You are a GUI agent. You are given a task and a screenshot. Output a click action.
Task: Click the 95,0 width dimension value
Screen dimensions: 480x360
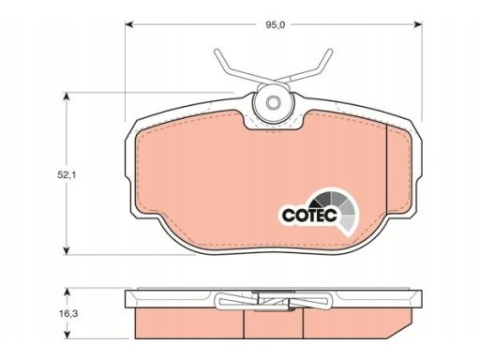coord(276,25)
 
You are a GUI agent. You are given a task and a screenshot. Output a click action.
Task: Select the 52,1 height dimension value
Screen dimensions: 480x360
coord(67,175)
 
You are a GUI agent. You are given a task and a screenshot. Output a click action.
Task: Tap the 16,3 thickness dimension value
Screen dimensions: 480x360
coord(68,313)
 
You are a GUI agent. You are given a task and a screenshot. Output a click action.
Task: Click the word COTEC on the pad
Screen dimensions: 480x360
coord(309,215)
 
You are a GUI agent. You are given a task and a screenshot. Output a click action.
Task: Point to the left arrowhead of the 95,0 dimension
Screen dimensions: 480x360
coord(129,24)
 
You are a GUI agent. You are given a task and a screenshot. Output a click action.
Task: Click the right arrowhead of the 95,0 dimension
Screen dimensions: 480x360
coord(418,24)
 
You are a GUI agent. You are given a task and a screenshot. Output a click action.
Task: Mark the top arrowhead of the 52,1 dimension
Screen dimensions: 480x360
coord(66,97)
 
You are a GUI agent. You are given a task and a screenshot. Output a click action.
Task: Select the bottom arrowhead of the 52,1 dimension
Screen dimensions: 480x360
coord(66,250)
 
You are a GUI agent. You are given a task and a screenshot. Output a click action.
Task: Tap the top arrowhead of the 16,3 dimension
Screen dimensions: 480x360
coord(66,292)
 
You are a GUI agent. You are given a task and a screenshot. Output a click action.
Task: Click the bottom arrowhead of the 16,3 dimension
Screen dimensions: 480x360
coord(66,335)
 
